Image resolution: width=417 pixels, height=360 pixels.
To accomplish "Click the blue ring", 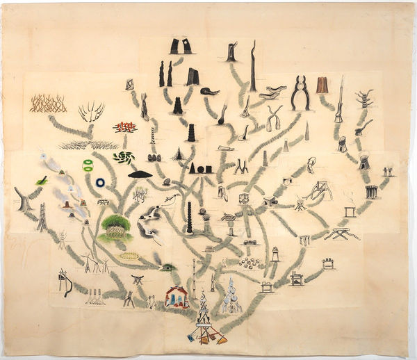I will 101,182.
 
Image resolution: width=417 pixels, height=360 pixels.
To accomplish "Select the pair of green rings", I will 88,165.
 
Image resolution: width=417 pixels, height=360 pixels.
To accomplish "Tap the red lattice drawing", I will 126,127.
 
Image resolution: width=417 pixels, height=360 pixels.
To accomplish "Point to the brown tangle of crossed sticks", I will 48,104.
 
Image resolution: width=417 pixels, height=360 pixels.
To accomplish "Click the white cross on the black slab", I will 187,46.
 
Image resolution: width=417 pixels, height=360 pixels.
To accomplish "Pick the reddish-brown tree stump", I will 322,85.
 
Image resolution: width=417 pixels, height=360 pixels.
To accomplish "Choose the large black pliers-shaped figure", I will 300,92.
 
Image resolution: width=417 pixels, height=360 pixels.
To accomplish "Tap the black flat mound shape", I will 140,174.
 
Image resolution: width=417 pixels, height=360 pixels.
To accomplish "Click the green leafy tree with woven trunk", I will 116,227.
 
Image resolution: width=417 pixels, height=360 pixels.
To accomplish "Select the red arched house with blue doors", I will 177,297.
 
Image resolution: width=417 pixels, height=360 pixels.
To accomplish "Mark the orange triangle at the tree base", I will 222,340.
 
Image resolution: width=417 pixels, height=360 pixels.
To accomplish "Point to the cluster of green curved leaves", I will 124,158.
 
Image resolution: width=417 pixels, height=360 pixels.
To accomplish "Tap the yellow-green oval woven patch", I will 129,256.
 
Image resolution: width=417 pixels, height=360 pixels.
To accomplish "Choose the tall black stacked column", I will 188,217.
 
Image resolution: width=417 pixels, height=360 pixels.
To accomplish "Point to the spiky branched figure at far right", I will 363,98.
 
